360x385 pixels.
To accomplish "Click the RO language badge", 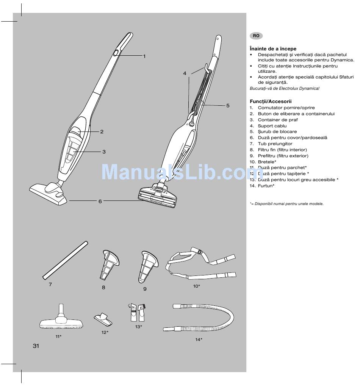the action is point(256,36).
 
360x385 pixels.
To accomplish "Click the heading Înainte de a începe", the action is point(273,49).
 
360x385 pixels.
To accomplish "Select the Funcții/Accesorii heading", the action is point(271,102).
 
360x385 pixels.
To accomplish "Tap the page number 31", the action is point(36,346).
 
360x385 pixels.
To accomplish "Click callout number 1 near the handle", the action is point(144,56).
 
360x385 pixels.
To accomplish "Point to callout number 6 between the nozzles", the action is point(100,201).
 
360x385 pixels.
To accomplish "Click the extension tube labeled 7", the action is point(65,260).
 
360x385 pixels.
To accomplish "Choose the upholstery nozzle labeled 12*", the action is point(103,319).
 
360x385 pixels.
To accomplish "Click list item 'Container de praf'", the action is point(278,120).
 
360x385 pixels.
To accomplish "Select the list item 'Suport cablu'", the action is point(272,126).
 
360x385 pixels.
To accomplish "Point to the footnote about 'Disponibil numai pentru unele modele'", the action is point(287,204).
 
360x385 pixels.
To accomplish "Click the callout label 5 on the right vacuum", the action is point(228,105).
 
